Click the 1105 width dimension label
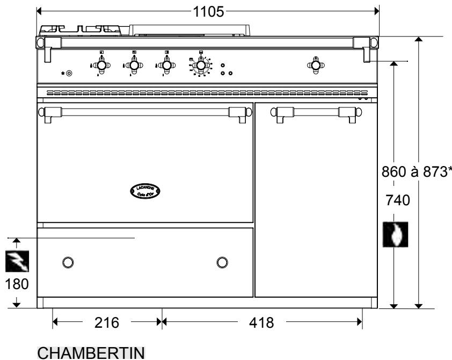pos(209,11)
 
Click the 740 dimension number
pos(397,201)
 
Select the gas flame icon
pos(395,234)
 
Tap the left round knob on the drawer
pos(67,262)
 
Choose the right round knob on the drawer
pos(222,262)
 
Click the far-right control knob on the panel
pos(316,65)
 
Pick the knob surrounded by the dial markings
pos(200,66)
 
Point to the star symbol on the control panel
pos(63,73)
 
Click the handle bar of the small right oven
pos(308,111)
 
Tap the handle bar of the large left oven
pos(145,111)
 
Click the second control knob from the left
pos(134,65)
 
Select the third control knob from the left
pos(167,65)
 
